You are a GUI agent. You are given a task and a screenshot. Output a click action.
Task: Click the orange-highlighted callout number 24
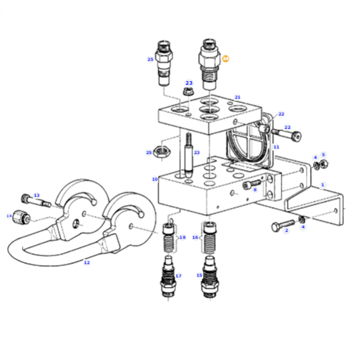click(225, 59)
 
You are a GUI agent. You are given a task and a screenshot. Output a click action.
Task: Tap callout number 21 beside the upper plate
click(237, 97)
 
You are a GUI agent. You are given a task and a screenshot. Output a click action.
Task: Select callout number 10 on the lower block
click(154, 179)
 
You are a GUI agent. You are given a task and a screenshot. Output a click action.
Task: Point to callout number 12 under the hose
click(86, 262)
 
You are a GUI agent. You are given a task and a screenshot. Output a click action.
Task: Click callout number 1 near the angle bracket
click(322, 185)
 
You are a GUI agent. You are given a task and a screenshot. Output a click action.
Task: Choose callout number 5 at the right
click(323, 154)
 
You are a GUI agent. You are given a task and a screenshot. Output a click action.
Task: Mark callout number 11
click(276, 147)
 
